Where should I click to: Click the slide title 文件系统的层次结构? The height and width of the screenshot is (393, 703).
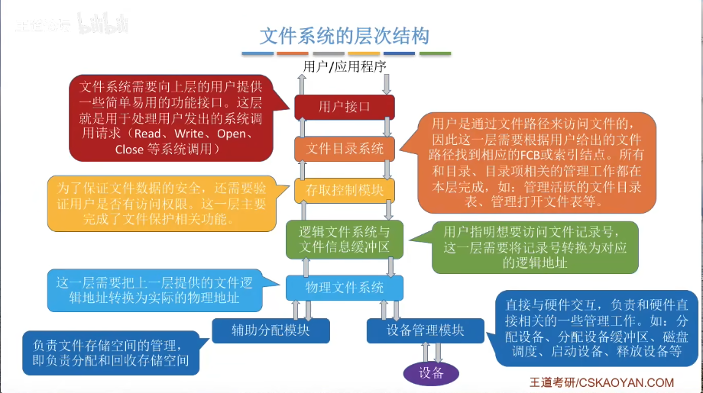point(345,35)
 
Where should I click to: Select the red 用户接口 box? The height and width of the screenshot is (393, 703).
point(345,107)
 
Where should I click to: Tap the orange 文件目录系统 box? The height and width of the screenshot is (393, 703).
point(345,149)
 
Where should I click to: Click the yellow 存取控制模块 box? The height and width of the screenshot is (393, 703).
point(345,190)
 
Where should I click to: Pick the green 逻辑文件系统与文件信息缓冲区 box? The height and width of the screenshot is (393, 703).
point(345,239)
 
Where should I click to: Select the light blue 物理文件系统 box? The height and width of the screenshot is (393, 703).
point(345,288)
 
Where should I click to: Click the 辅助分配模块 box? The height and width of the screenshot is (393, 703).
point(271,330)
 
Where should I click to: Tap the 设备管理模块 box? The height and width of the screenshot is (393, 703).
point(426,330)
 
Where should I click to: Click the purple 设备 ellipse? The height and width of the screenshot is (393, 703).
point(431,372)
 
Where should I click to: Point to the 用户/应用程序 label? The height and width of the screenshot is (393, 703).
point(345,66)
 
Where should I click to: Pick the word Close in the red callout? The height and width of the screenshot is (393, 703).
point(129,150)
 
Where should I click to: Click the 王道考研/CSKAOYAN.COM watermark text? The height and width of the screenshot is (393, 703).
point(602,382)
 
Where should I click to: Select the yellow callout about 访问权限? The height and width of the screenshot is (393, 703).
point(160,205)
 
